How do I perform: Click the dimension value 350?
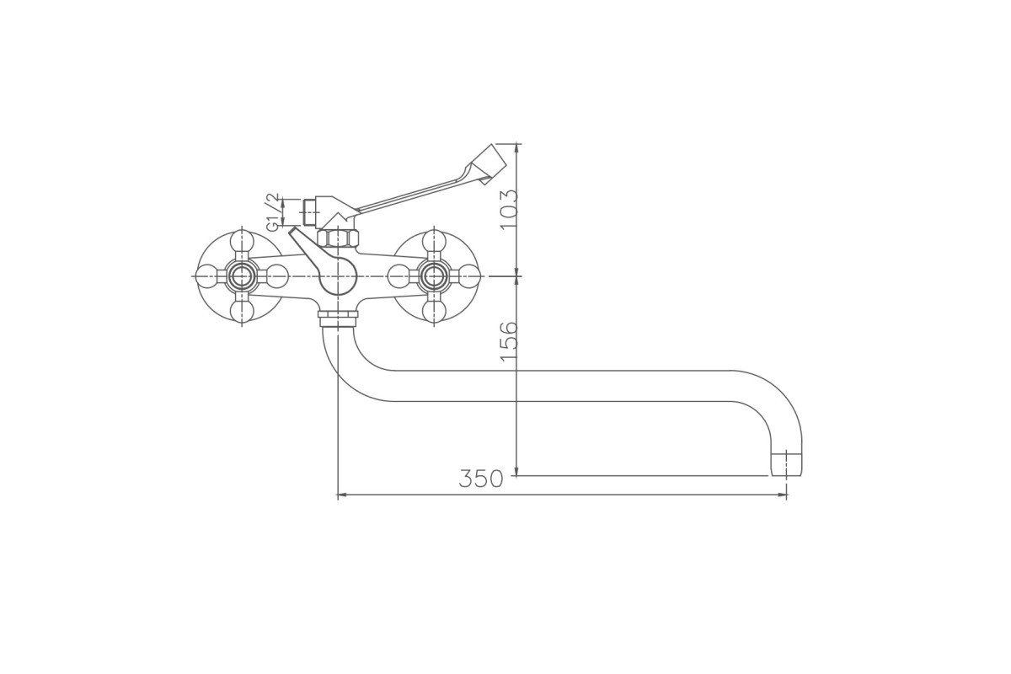[481, 479]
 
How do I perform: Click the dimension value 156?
[509, 340]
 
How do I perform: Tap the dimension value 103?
[509, 209]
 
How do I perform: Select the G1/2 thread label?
[274, 212]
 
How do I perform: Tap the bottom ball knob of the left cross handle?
[242, 312]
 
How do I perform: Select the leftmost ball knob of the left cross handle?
[207, 276]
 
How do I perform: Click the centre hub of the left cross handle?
[242, 276]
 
